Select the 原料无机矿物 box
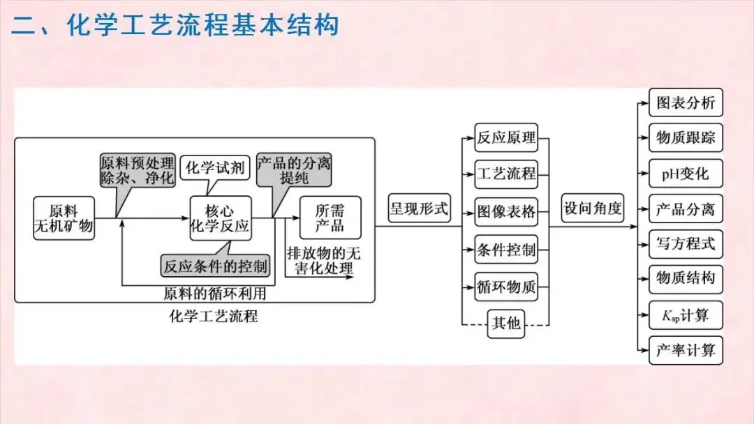tap(64, 218)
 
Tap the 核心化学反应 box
tap(221, 218)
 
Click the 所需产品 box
tap(331, 217)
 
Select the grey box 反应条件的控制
tap(216, 266)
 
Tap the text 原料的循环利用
tap(214, 294)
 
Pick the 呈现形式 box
tap(419, 208)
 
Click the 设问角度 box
tap(593, 208)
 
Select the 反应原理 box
tap(506, 137)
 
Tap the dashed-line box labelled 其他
tap(506, 323)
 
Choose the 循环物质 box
tap(506, 287)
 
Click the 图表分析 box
tap(686, 103)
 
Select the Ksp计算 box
tap(686, 315)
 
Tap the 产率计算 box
tap(686, 350)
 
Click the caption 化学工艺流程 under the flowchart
tap(214, 317)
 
